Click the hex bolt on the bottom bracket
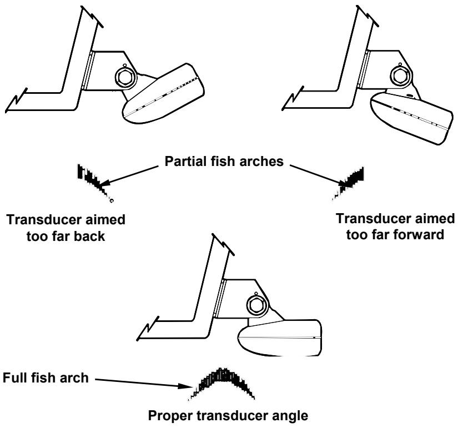pos(257,304)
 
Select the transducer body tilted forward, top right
pos(410,117)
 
